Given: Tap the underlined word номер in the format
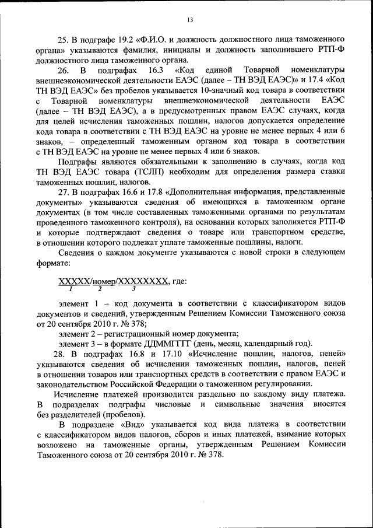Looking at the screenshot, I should coord(103,281).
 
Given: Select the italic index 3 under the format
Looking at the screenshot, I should coord(134,289).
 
